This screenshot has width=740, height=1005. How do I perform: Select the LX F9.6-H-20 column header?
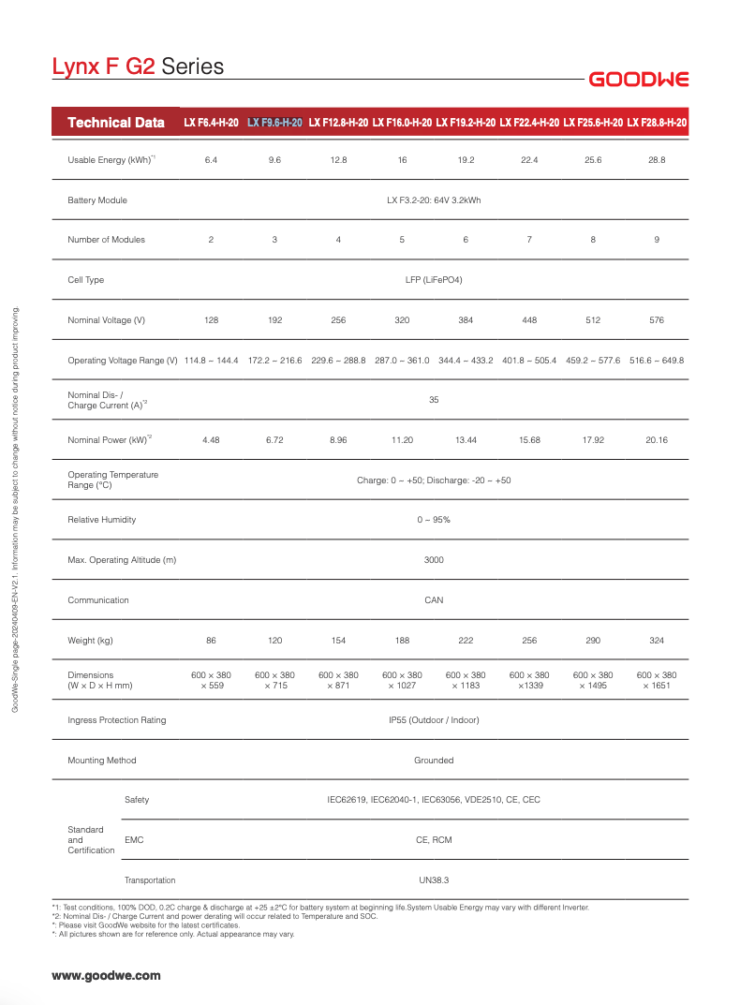pos(274,123)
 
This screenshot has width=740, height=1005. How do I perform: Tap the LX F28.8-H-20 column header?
pos(657,123)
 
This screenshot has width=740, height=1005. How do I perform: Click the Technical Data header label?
pos(116,123)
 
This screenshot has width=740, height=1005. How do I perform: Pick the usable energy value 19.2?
pos(466,160)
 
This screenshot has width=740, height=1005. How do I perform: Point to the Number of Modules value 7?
pos(529,240)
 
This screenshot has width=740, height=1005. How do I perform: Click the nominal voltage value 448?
pos(529,320)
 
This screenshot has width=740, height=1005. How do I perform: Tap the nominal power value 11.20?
pos(402,440)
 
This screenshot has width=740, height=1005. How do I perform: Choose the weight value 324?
pos(657,641)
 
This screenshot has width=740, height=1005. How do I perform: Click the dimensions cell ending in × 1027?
pos(402,681)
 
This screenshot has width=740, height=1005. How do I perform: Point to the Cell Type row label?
pos(86,280)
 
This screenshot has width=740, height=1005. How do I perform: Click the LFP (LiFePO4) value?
pos(434,280)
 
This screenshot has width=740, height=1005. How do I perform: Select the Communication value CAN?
pos(434,600)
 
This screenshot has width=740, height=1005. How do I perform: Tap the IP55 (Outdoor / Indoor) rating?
pos(434,720)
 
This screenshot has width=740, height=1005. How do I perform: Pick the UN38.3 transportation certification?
pos(434,880)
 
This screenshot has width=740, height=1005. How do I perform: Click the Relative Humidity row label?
pos(102,520)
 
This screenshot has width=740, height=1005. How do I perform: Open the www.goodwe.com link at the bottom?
pos(106,975)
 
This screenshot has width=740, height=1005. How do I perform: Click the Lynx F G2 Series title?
pos(138,67)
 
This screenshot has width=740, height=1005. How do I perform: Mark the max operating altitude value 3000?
pos(434,560)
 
